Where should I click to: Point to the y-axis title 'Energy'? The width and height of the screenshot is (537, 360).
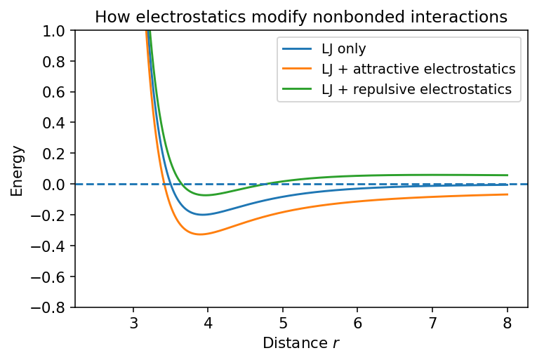tap(18, 170)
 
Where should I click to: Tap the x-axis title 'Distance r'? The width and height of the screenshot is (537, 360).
tap(301, 343)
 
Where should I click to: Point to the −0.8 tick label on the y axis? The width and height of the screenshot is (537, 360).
tap(51, 308)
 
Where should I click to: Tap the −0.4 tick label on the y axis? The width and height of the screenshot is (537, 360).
tap(51, 246)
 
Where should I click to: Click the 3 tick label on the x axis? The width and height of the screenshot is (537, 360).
tap(133, 324)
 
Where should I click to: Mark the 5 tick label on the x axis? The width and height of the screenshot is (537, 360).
tap(283, 324)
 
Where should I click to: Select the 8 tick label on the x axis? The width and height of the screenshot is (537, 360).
tap(507, 324)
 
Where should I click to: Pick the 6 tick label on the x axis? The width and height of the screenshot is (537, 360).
tap(357, 324)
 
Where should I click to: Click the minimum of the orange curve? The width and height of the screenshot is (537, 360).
tap(201, 234)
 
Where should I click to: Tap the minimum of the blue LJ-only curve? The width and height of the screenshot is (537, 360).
tap(204, 215)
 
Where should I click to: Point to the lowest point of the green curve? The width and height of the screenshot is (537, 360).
tap(205, 195)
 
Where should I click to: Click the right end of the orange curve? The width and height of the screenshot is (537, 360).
tap(507, 194)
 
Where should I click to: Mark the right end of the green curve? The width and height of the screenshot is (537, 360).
tap(507, 175)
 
